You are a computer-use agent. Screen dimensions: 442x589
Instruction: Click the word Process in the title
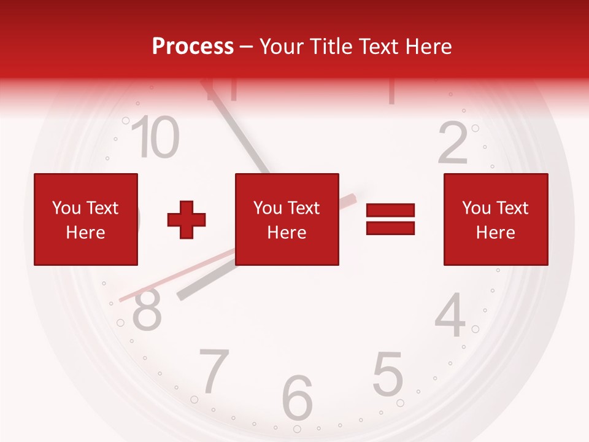coord(193,47)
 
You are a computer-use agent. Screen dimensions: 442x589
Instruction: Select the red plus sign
coord(187,220)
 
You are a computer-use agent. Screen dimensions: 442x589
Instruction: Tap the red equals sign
coord(390,219)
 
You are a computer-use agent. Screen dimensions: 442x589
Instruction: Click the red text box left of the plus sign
coord(85,219)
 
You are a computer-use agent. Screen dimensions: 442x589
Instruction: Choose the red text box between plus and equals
coord(287,219)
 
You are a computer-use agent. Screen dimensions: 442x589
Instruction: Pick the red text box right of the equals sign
coord(495,219)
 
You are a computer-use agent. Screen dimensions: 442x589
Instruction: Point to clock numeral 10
coord(156,137)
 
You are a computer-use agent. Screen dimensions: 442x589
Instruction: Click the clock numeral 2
coord(454,143)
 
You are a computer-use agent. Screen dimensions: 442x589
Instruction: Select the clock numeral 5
coord(388,373)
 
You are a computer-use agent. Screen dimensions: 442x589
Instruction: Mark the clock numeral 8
coord(147,310)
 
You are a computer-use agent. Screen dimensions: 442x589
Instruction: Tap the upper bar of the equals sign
coord(390,211)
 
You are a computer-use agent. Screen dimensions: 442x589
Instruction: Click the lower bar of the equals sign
coord(390,228)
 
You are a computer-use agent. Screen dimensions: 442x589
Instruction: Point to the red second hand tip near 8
coord(123,300)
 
